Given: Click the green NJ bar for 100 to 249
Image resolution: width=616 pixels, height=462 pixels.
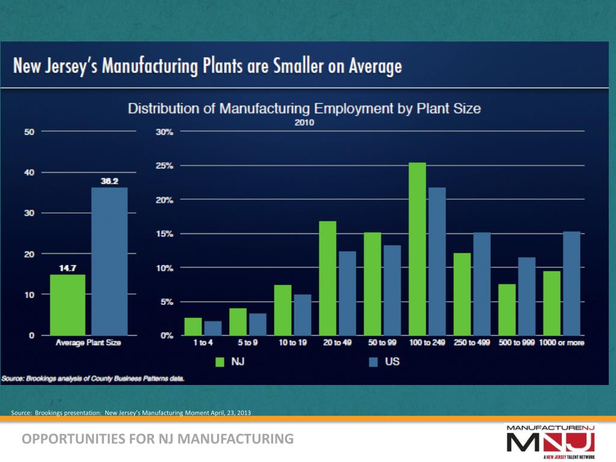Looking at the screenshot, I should pos(417,249).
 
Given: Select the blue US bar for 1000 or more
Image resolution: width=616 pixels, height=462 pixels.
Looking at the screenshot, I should pos(571,283).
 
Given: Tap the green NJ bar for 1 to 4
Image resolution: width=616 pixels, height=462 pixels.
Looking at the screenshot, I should pos(192,326).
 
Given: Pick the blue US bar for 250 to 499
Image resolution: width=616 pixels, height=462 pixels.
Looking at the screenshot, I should pos(481,284).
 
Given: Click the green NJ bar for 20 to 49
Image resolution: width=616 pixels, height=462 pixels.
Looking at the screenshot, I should pos(327,278).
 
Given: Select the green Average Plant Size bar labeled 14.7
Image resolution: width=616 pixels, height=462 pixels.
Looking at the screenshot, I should pos(67,304).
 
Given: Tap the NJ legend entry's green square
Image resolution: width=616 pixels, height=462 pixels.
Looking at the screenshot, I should pos(220,362).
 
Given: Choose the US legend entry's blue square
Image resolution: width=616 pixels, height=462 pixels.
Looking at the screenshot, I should pos(373,362).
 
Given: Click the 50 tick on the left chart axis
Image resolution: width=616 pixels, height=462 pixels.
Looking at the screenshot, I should pos(29,132).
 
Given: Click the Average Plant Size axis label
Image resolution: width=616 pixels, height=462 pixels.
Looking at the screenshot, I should pos(88,343).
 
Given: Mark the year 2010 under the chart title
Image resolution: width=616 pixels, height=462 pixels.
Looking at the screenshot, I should pos(304,122).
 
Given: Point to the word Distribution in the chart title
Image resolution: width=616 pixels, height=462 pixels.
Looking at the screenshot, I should pos(168,109).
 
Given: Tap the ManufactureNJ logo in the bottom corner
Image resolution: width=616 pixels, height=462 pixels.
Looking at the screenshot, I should pos(550,440).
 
